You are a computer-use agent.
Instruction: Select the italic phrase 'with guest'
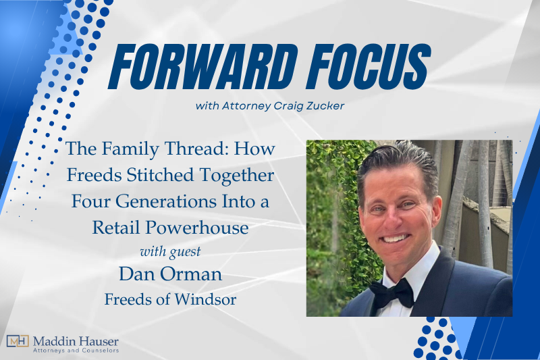[170, 252]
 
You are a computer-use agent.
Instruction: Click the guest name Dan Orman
[170, 275]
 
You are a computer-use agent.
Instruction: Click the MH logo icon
[17, 341]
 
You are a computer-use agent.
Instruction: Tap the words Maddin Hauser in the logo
[75, 339]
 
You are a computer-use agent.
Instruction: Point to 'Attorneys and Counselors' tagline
[75, 350]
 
